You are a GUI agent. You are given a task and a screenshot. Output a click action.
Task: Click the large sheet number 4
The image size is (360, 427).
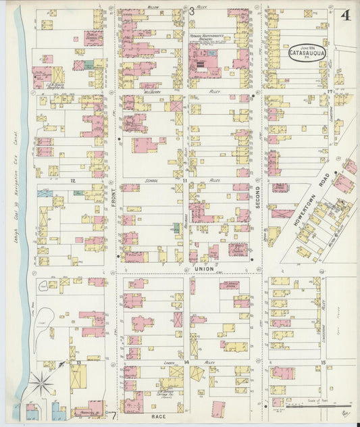(x=345, y=15)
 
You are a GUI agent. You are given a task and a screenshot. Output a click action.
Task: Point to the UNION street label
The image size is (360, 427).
(x=204, y=268)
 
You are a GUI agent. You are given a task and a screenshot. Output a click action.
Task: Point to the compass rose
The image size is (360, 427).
(x=42, y=384)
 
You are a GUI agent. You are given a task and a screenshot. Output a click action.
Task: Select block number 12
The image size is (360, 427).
(x=72, y=180)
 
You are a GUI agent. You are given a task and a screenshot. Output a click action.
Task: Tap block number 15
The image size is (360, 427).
(x=324, y=363)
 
